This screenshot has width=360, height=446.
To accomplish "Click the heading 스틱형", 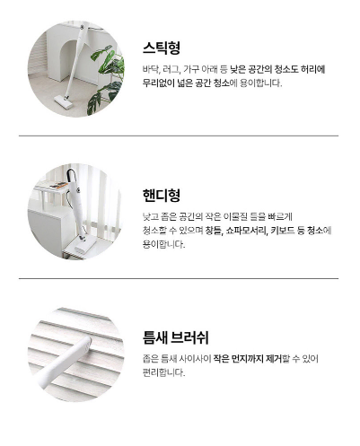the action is tap(162, 48).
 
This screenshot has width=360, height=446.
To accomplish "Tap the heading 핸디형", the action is tap(162, 196).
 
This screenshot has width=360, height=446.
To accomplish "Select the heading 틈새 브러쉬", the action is tap(176, 337).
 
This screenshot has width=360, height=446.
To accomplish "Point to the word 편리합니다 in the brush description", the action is tap(163, 372).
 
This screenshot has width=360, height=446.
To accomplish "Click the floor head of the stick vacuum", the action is tap(64, 101).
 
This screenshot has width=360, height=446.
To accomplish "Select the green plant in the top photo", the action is tap(106, 79).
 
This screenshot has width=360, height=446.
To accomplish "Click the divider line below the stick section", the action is tap(179, 136).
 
